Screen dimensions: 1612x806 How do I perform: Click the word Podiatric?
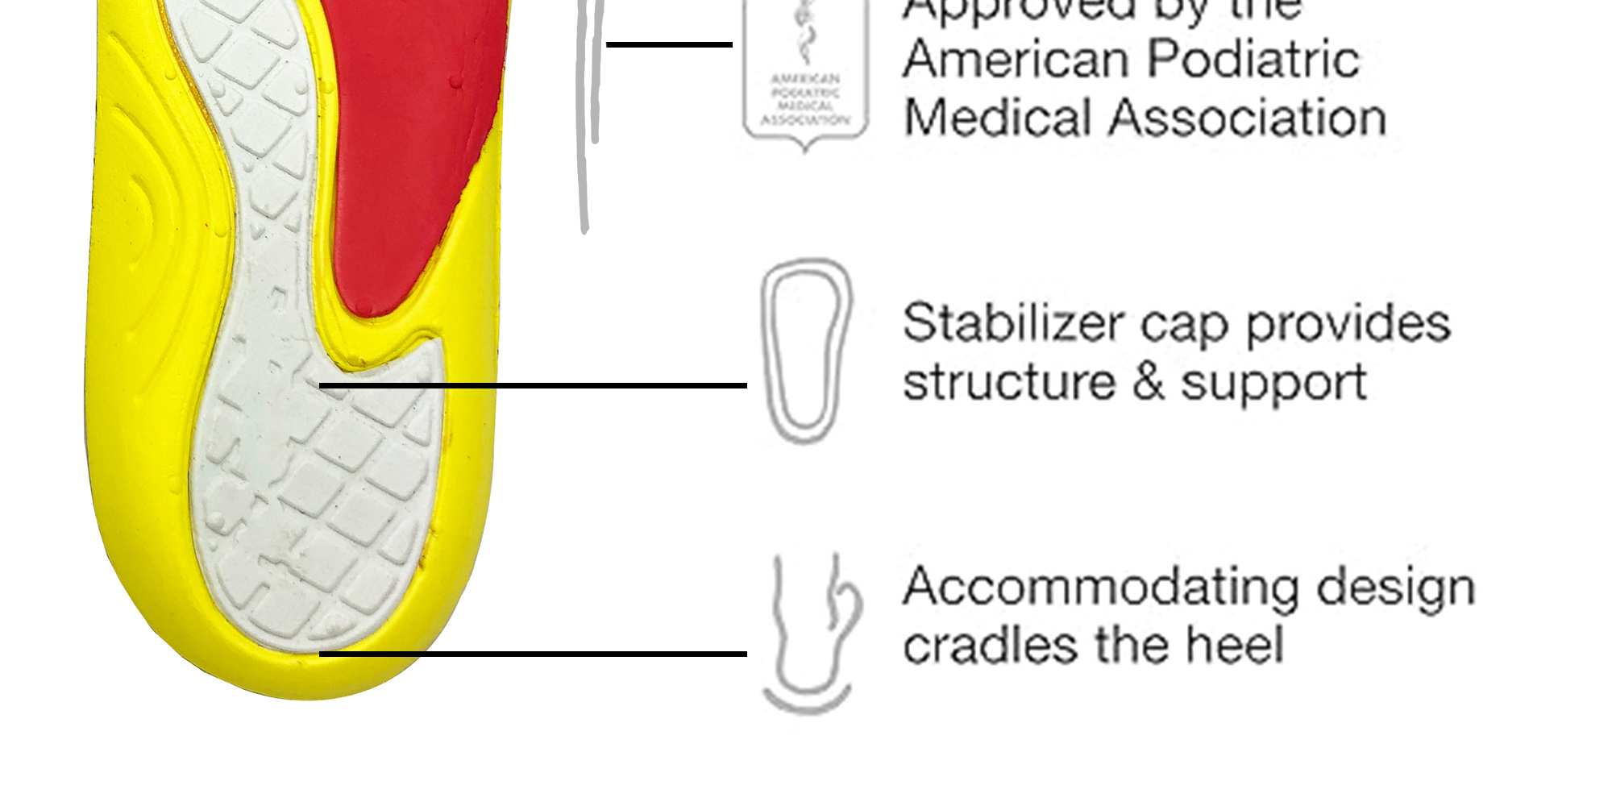pyautogui.click(x=1253, y=60)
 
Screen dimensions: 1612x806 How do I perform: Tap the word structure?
pyautogui.click(x=1008, y=382)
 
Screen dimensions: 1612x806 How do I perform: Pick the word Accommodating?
pyautogui.click(x=1100, y=587)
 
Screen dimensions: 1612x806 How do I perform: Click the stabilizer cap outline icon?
pyautogui.click(x=805, y=351)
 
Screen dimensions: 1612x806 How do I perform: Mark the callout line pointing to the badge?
pyautogui.click(x=669, y=44)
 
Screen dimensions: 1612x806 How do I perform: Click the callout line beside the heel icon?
pyautogui.click(x=532, y=654)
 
